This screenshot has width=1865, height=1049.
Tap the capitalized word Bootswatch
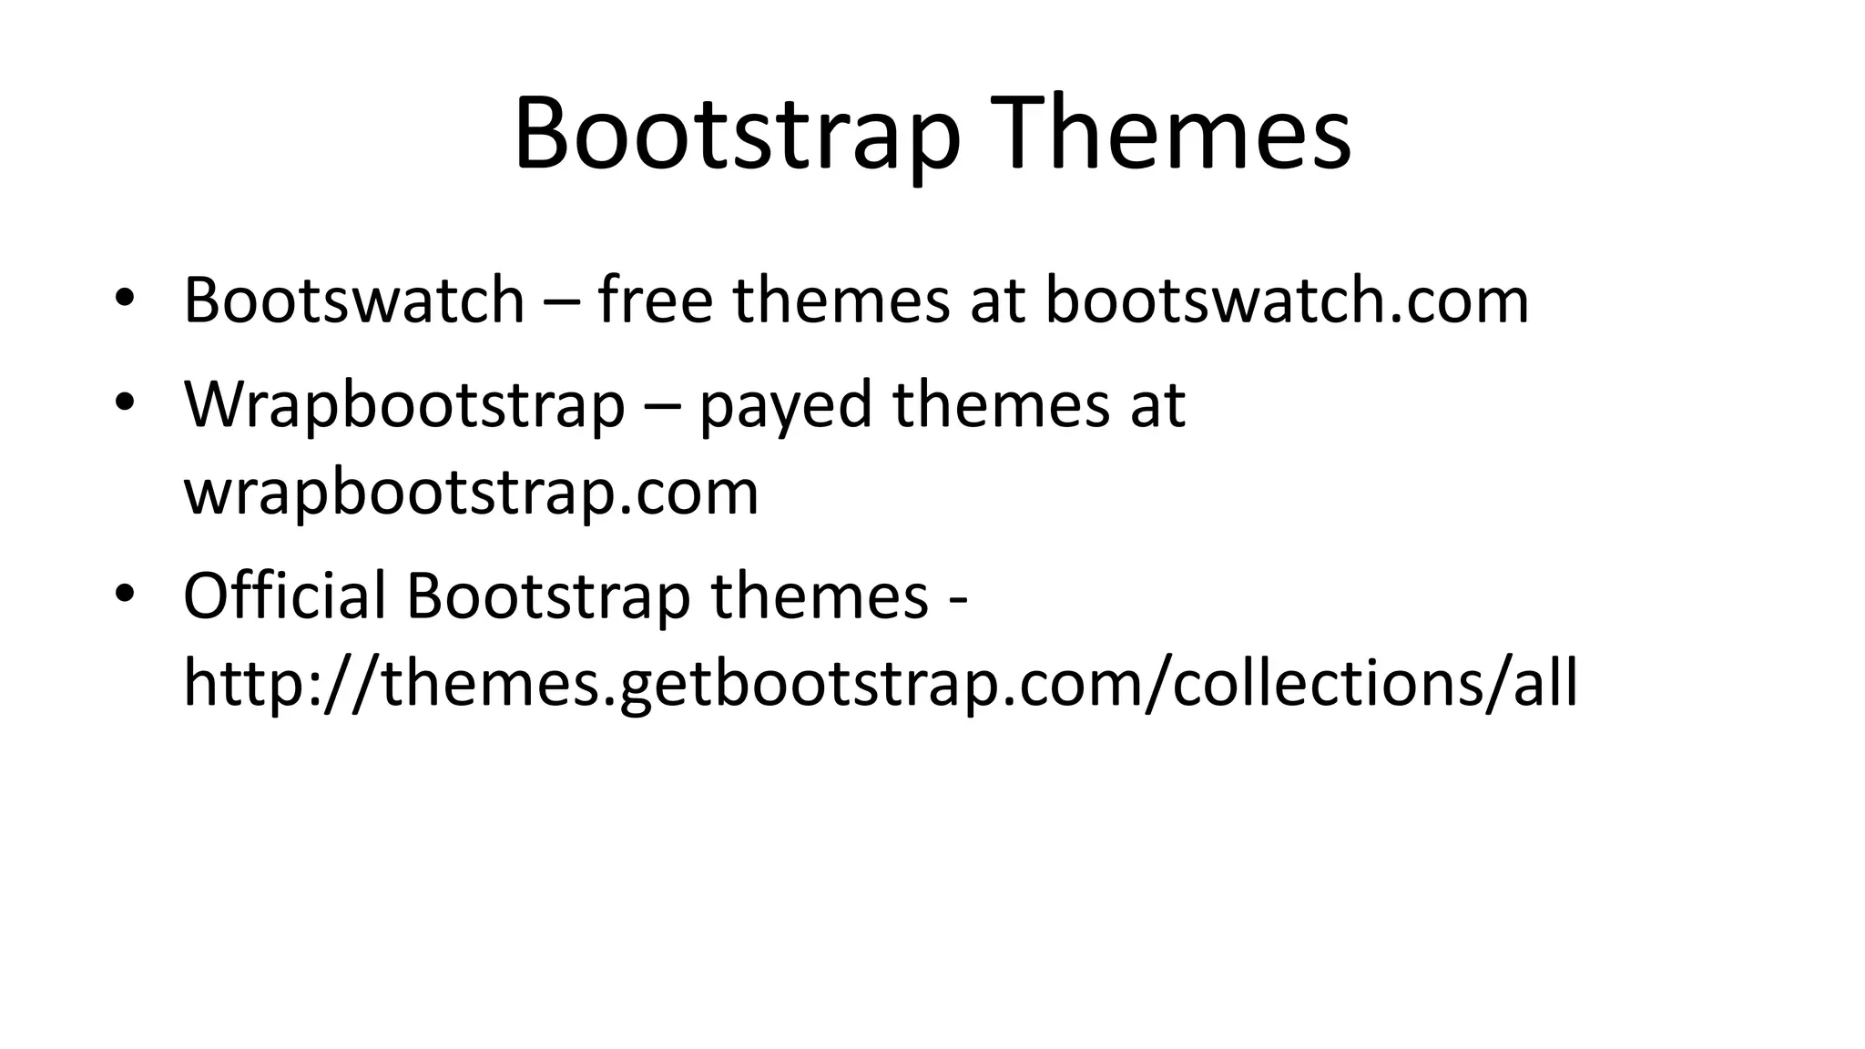click(354, 300)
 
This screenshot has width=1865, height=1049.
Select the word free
click(655, 300)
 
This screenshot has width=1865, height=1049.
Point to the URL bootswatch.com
click(1286, 300)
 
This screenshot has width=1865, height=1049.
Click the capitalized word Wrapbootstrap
click(404, 405)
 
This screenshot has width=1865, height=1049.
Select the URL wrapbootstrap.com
click(471, 493)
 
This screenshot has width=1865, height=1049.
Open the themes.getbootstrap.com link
click(880, 684)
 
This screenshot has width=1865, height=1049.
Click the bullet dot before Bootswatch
click(125, 298)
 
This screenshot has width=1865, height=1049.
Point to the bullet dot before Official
click(125, 594)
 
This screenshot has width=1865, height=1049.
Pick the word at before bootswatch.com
click(997, 300)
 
